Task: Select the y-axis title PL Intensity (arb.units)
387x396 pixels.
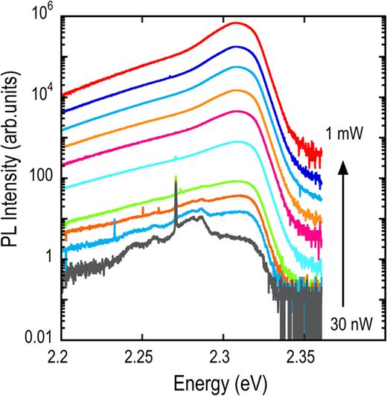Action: pyautogui.click(x=14, y=176)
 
